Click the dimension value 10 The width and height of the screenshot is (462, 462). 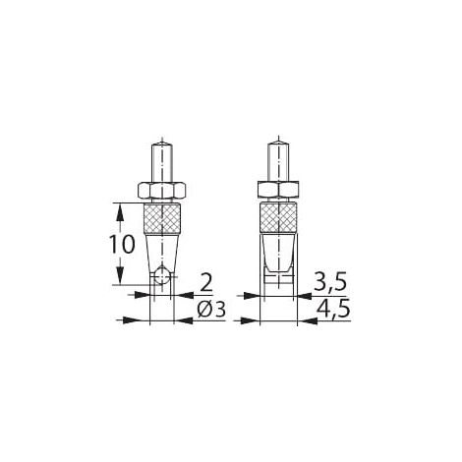tap(122, 245)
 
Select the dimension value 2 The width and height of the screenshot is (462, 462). tap(206, 283)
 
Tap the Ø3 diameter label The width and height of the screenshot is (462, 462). tap(211, 310)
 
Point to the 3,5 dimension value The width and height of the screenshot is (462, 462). tap(330, 282)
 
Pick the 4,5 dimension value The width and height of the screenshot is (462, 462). tap(332, 309)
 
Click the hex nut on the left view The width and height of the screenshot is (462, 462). tap(161, 191)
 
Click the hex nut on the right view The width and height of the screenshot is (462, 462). tap(278, 190)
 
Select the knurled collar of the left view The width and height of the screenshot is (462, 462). tap(162, 218)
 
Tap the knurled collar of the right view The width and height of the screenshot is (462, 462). tap(278, 218)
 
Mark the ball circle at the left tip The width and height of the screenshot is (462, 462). tap(162, 276)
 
